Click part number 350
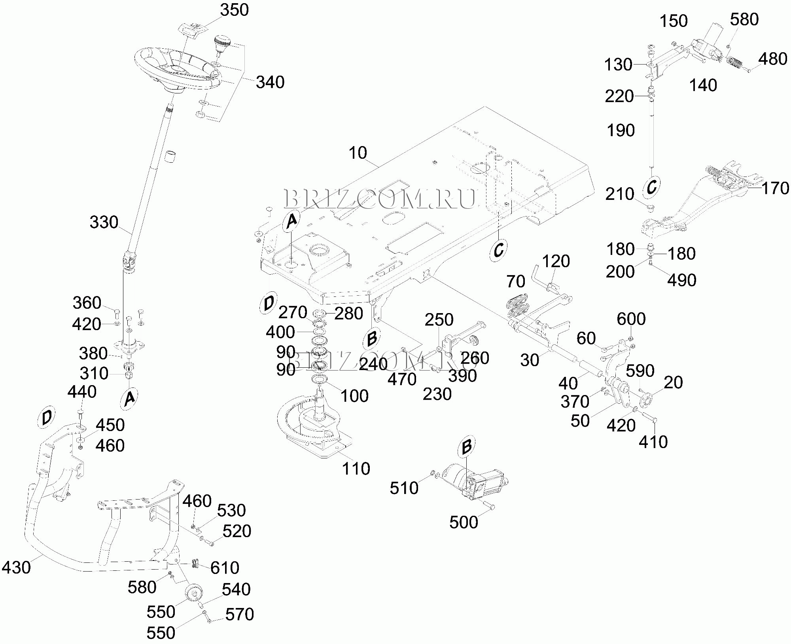tap(235, 10)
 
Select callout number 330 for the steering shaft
tap(104, 222)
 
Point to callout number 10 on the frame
tap(358, 153)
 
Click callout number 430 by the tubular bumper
tap(16, 567)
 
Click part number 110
tap(356, 469)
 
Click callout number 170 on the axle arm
tap(775, 188)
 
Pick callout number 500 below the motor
tap(464, 522)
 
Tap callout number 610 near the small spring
tap(225, 568)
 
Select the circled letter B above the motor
tap(467, 447)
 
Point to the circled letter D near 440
tap(47, 417)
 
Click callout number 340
tap(270, 82)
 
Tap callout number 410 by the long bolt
tap(653, 442)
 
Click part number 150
tap(674, 21)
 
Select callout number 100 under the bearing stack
tap(354, 396)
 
